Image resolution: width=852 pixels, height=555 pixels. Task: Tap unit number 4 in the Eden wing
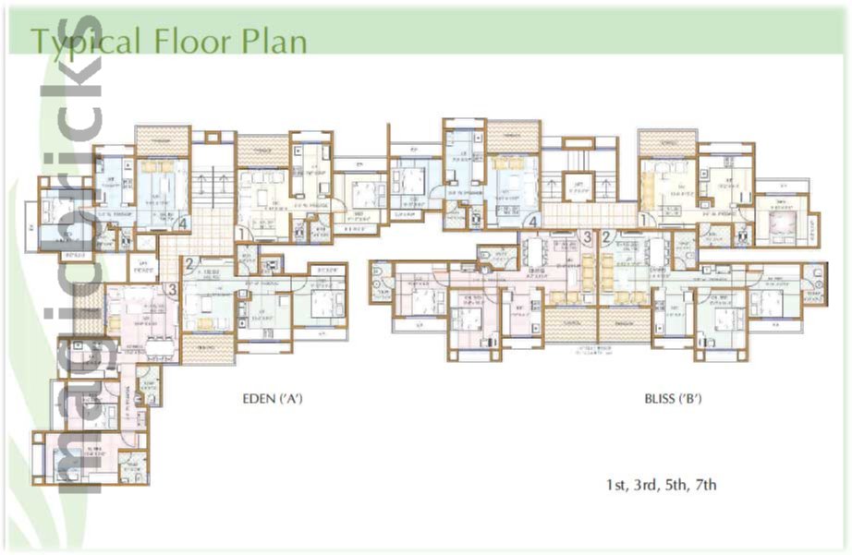point(185,223)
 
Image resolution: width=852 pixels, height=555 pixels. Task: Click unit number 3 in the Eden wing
point(173,289)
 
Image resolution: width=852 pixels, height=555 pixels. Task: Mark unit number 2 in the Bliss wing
point(606,237)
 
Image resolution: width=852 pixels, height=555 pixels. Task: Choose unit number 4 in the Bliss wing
point(532,221)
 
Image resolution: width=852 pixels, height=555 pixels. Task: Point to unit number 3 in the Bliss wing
point(587,237)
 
